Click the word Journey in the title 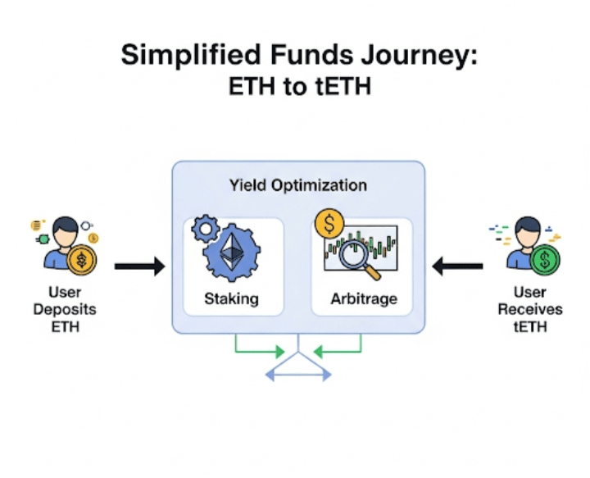coord(420,55)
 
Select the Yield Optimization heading coord(298,185)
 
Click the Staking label coord(231,298)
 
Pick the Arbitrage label coord(364,298)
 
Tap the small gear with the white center coord(206,228)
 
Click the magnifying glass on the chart coord(357,257)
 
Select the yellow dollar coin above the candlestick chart coord(329,224)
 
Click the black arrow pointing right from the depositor coord(139,266)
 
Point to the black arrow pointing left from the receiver coord(457,266)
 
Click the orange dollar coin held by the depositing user coord(82,260)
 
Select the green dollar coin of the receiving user coord(545,260)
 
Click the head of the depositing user coord(66,231)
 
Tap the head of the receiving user coord(528,231)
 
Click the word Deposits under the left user coord(65,309)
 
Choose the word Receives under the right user coord(530,309)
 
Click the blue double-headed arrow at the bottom coord(298,375)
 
